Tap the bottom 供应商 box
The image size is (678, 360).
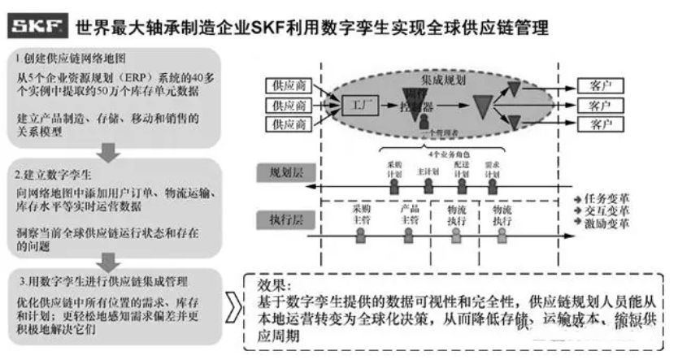tap(289, 125)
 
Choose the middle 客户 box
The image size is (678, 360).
tap(602, 105)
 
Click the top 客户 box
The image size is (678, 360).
tap(602, 85)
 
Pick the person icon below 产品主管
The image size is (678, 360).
tap(410, 234)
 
